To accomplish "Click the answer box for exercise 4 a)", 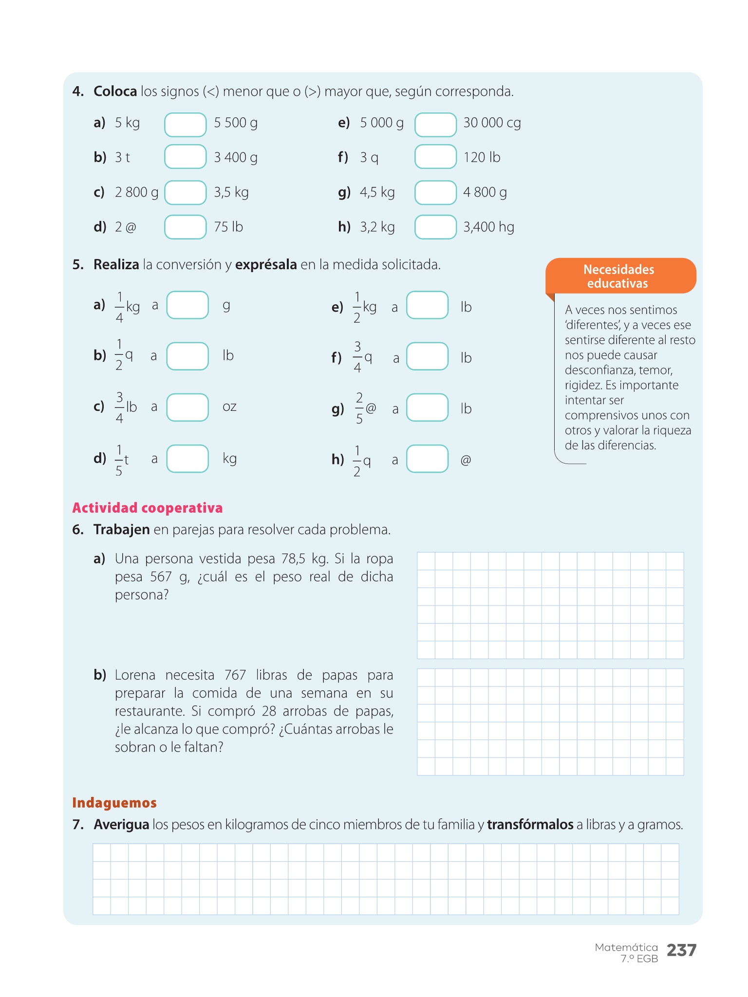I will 185,125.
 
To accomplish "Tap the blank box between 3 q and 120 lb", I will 435,157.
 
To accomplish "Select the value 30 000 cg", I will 492,123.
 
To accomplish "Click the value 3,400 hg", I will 488,227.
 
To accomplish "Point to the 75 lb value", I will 228,227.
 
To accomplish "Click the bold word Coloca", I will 115,92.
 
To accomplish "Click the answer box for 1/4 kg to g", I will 187,305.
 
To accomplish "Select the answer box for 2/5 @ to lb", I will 427,407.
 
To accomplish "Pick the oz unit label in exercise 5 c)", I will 229,406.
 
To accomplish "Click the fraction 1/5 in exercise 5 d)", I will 119,460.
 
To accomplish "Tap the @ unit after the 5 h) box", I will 466,460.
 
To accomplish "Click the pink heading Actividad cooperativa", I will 147,508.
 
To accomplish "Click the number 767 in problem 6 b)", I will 235,675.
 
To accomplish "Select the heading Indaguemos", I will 114,803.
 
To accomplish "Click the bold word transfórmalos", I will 530,825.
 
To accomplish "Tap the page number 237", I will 681,950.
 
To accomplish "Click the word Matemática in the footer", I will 626,947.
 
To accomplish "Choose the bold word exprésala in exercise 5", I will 266,265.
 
